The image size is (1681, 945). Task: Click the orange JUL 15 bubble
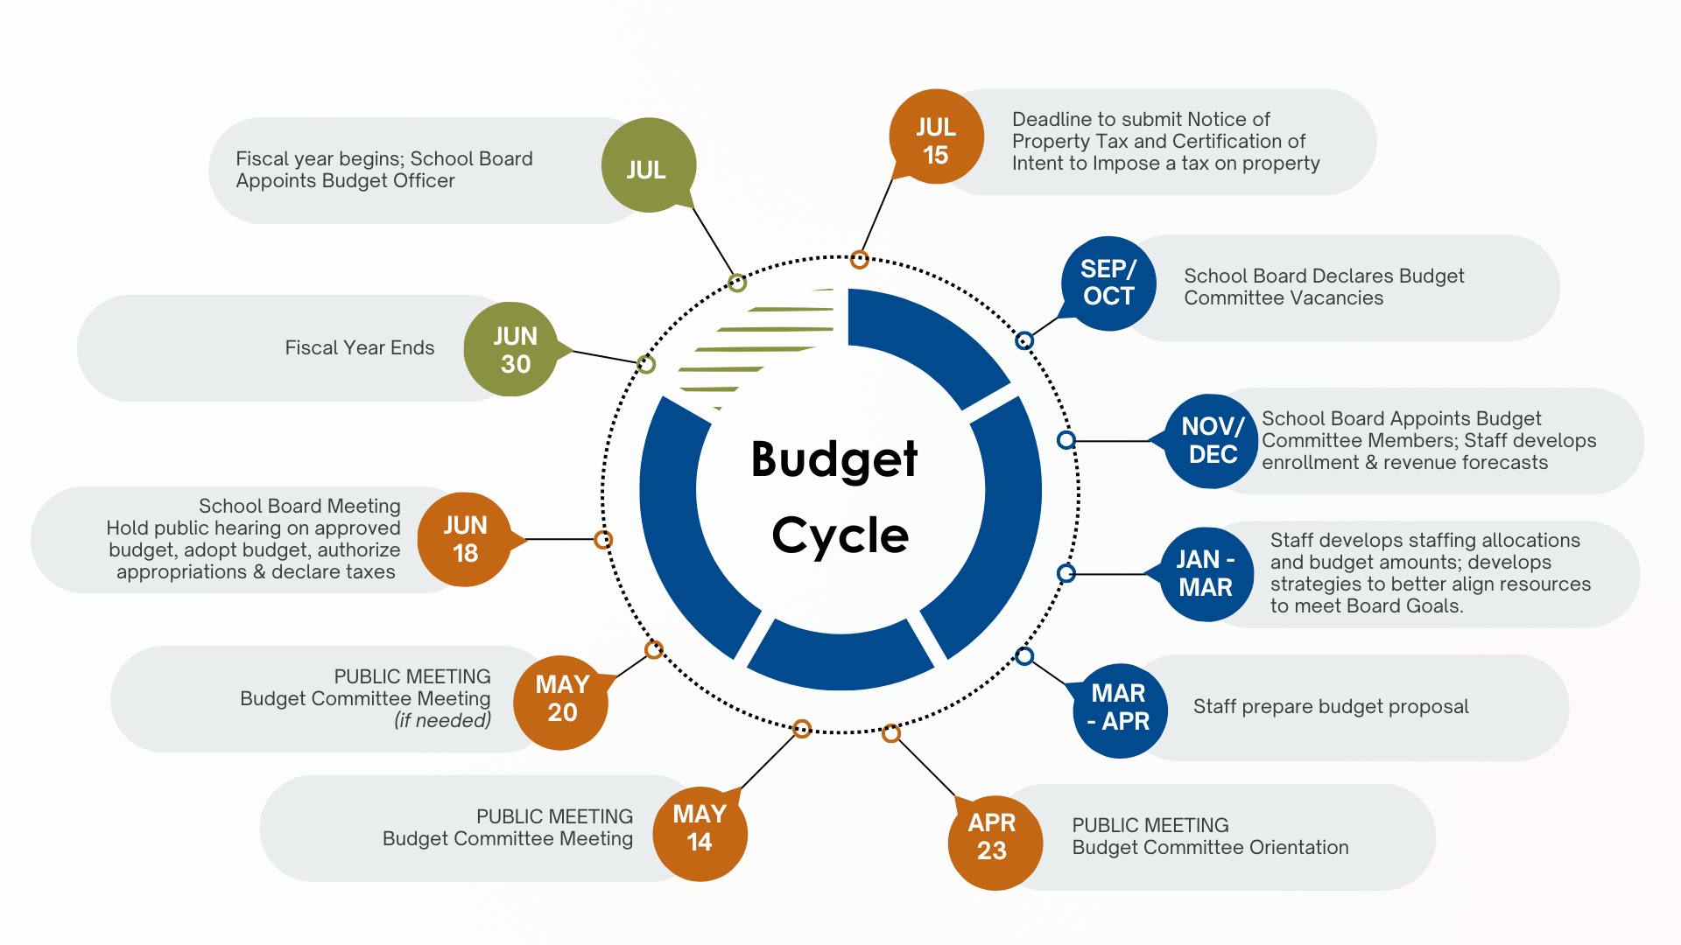935,139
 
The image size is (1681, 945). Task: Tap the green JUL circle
648,165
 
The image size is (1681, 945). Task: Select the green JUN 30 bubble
512,349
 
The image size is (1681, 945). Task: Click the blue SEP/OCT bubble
1108,283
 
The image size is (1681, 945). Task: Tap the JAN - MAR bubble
1206,574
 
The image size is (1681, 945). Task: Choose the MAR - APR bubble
1120,708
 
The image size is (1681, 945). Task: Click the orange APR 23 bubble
994,840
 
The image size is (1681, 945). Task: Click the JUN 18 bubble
465,539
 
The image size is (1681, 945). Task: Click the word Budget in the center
834,458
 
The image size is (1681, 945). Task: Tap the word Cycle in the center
840,535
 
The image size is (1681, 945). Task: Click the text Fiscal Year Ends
359,348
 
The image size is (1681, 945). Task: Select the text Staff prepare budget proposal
1331,707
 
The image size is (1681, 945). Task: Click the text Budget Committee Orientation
1210,848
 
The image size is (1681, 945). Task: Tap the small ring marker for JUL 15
860,259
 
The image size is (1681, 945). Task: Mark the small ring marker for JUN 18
603,540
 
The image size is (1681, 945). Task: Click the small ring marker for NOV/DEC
1066,440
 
